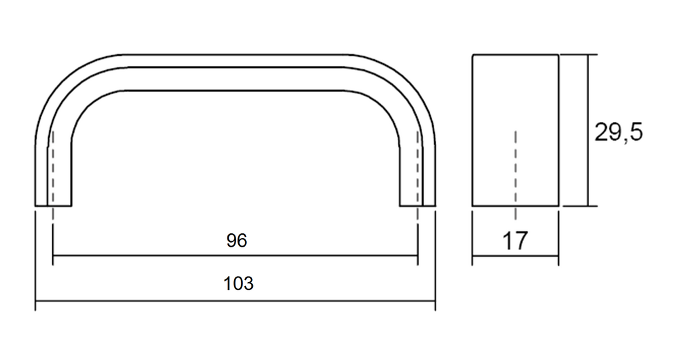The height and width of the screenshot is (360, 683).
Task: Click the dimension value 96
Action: [237, 240]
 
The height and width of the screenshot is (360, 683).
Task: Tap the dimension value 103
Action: [238, 283]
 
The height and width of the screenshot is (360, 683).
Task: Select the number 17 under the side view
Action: [515, 241]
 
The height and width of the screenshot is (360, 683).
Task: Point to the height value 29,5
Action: [618, 133]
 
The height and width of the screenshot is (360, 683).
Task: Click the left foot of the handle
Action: [53, 205]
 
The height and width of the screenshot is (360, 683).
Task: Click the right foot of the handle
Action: [418, 205]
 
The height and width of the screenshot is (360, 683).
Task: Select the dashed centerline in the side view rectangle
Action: [516, 174]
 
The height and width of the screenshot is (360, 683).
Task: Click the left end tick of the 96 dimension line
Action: [53, 255]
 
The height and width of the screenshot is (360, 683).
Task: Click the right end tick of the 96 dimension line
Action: [418, 255]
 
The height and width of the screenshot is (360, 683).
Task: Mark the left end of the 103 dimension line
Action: [35, 301]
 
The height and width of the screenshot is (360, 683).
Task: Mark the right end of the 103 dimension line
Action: [435, 301]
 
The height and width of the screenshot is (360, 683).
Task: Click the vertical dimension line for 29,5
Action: [588, 131]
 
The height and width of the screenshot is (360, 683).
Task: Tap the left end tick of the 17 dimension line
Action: [473, 256]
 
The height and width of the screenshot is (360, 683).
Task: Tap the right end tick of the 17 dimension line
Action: [558, 256]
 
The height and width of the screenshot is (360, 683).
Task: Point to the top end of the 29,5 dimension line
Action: [588, 55]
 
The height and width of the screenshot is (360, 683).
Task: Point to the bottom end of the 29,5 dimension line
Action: [588, 206]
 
